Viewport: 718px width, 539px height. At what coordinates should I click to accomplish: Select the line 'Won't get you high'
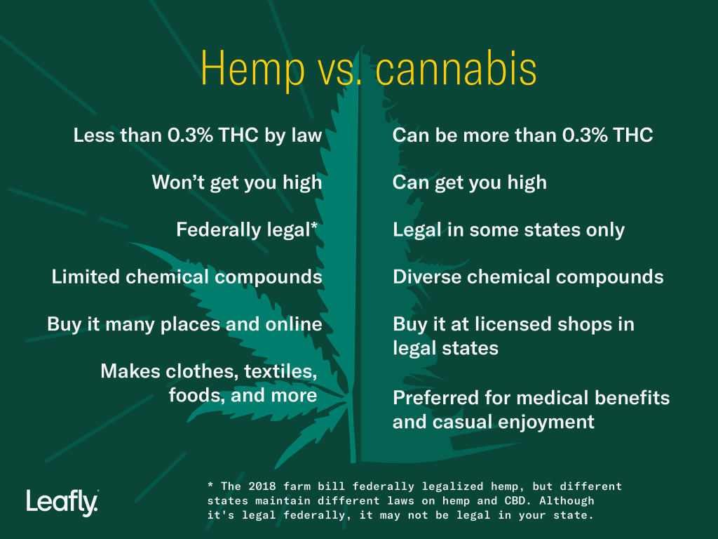pos(236,182)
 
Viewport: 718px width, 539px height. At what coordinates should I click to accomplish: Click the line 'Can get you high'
pos(469,182)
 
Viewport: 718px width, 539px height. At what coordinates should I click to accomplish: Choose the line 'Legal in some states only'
pos(508,229)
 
